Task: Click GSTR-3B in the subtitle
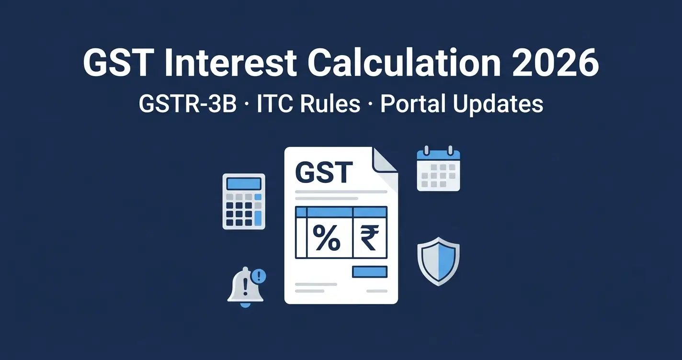(x=188, y=104)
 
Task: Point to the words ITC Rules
(x=308, y=104)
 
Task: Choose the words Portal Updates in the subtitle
(x=462, y=104)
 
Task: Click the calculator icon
(x=244, y=201)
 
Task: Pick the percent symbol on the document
(x=326, y=238)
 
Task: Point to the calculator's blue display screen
(x=244, y=183)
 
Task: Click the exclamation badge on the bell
(x=259, y=276)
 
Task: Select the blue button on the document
(x=370, y=272)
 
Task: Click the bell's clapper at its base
(x=245, y=305)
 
